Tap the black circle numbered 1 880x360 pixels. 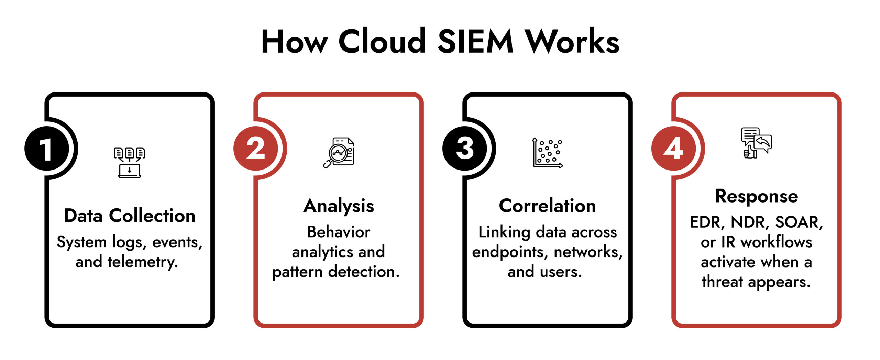(47, 149)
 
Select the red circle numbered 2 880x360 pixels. (256, 149)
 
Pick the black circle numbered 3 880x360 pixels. (465, 149)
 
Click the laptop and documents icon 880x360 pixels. (130, 162)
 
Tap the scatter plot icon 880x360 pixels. (548, 153)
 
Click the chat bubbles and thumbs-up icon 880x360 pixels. (756, 143)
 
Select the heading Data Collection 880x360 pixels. (130, 216)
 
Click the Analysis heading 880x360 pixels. (339, 206)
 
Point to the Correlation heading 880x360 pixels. (547, 206)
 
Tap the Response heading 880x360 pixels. (756, 196)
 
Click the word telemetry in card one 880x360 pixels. (143, 262)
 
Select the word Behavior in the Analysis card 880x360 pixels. (339, 232)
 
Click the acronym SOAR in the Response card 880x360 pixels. (799, 222)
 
